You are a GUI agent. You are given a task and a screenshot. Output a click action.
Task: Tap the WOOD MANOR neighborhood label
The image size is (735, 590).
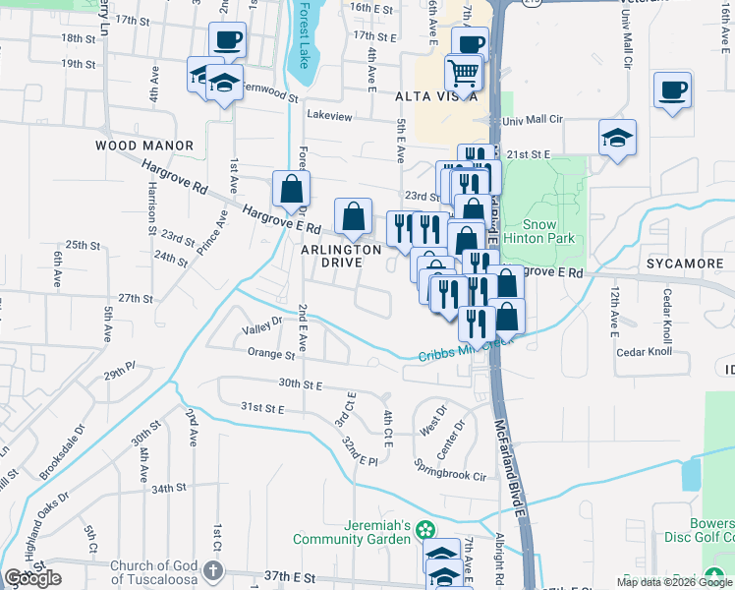pos(144,146)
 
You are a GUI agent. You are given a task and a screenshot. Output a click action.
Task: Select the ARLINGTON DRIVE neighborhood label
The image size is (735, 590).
pos(341,261)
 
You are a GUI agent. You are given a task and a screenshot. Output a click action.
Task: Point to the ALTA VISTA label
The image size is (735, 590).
pos(436,96)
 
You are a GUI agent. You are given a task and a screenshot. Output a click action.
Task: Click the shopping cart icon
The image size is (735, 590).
pos(463,71)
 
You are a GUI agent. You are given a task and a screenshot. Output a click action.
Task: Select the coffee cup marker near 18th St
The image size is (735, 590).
pos(227,40)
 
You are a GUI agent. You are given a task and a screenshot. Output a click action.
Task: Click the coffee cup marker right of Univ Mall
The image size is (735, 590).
pos(673,89)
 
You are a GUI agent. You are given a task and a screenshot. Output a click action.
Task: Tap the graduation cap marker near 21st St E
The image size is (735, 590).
pos(618,138)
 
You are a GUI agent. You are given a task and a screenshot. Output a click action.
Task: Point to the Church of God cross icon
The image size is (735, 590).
pos(214,571)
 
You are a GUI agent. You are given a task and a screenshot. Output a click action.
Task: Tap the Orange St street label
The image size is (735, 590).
pos(271,353)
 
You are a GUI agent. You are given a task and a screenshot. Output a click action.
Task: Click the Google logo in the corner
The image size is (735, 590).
pos(33,578)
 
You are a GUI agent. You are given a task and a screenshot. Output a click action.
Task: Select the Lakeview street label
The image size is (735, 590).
pos(329,116)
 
